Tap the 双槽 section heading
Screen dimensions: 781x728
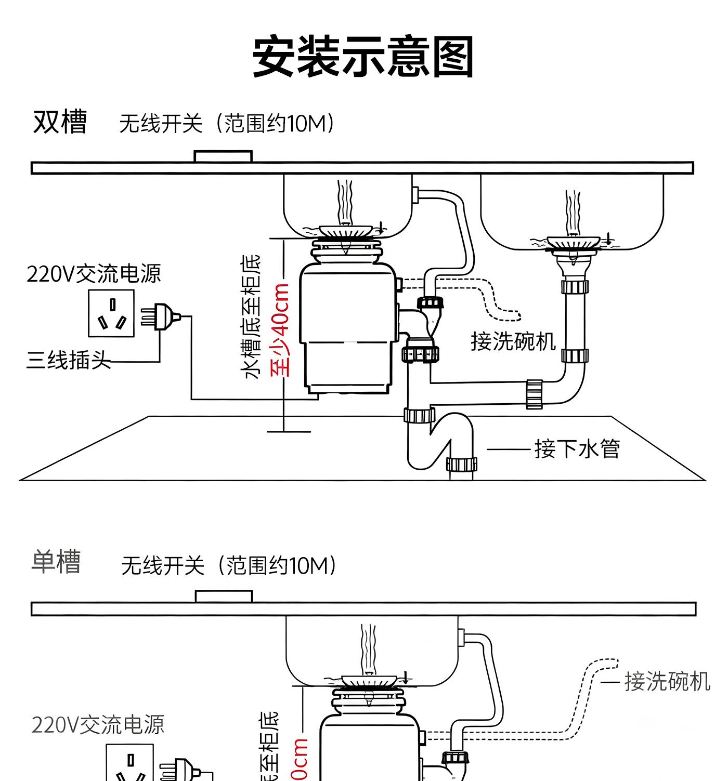pos(60,122)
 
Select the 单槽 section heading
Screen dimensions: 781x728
pos(56,562)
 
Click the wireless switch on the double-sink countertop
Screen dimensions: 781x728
pos(223,156)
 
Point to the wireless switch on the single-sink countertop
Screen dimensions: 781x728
pos(224,596)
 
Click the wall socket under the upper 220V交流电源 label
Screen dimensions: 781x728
pos(111,313)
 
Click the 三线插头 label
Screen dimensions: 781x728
pos(68,360)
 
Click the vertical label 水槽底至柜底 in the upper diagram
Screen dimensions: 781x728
pos(252,317)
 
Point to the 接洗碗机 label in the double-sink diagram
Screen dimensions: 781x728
pos(513,341)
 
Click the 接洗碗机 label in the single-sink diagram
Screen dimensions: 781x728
pos(667,681)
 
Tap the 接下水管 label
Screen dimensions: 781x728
pos(577,448)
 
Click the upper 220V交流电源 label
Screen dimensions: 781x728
pos(94,274)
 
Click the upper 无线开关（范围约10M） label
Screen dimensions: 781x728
pos(228,124)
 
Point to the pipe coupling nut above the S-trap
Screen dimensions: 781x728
pos(419,415)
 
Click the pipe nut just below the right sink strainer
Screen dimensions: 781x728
pos(575,286)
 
